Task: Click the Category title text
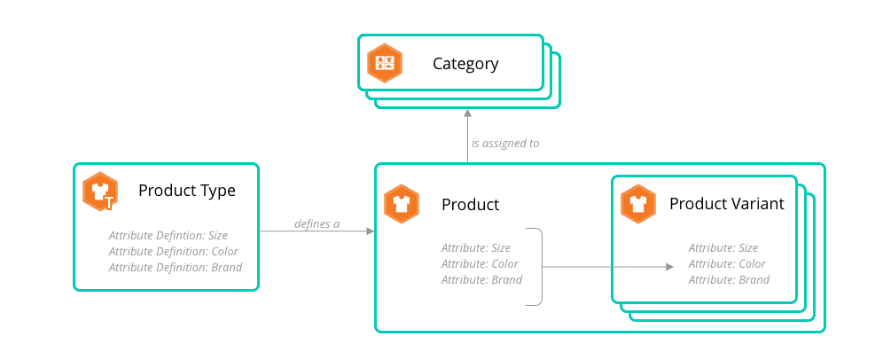465,64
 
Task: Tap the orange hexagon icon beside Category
386,63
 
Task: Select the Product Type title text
187,191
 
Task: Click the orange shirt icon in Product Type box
99,192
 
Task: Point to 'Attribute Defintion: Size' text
168,235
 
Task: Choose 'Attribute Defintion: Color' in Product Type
174,251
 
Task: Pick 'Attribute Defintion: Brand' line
175,267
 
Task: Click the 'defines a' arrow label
316,223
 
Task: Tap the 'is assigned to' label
505,142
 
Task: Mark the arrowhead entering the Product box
370,231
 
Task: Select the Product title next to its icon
471,205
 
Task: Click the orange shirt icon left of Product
402,204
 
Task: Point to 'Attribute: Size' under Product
476,247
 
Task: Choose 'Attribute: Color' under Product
480,263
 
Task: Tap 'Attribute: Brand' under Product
481,279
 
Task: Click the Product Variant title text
726,204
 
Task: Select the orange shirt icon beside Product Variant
638,204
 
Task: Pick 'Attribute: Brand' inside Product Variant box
729,279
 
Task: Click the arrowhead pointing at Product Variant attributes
669,266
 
